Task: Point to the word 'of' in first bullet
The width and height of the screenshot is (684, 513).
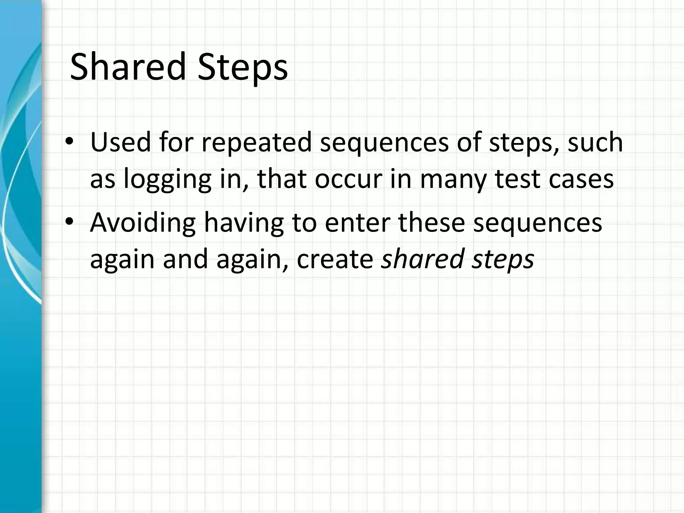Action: [469, 143]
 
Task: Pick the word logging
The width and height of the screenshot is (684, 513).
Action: [167, 179]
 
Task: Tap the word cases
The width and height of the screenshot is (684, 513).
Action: [581, 179]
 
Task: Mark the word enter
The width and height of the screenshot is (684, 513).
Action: [357, 222]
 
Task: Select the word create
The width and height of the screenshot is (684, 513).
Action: [335, 259]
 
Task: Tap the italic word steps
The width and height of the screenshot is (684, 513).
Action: [503, 259]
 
